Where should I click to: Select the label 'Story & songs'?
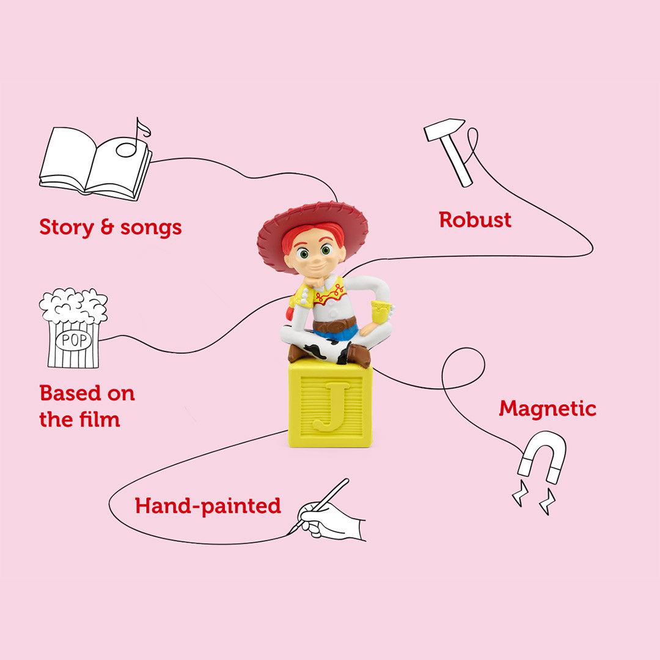pyautogui.click(x=111, y=227)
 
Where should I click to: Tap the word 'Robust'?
pyautogui.click(x=475, y=220)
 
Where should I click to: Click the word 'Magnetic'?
pyautogui.click(x=547, y=408)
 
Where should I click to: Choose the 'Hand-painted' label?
pyautogui.click(x=208, y=505)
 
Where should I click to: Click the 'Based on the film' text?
pyautogui.click(x=87, y=406)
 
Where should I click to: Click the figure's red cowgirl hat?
pyautogui.click(x=312, y=226)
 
